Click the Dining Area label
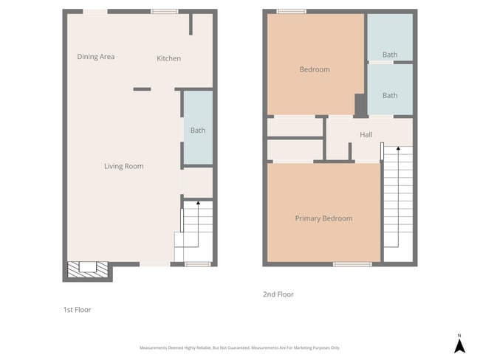pos(96,57)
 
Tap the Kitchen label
pos(168,58)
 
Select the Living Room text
pos(123,166)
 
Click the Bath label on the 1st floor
pos(198,131)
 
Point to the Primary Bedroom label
pos(323,218)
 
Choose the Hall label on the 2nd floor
pos(366,135)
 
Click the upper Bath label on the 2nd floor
pos(390,55)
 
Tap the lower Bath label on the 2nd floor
pos(390,95)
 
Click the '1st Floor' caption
pos(77,310)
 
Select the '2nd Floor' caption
pos(278,294)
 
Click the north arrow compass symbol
pos(459,343)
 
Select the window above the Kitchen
pos(165,11)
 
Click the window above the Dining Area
pos(95,11)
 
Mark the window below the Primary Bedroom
pos(352,264)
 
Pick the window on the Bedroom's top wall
pos(291,11)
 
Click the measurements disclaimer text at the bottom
pos(240,347)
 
